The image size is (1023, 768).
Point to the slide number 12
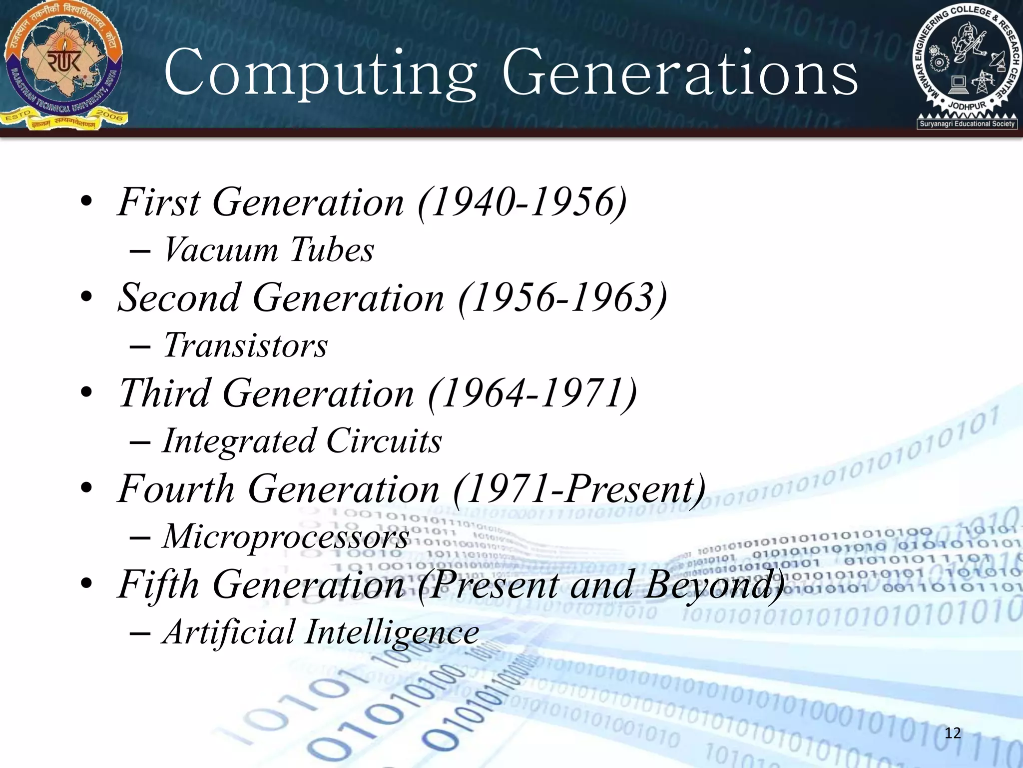click(x=953, y=733)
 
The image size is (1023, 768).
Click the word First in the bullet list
click(x=159, y=202)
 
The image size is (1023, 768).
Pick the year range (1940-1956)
click(x=522, y=202)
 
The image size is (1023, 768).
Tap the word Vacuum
click(x=220, y=249)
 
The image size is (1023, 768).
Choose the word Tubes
click(x=332, y=249)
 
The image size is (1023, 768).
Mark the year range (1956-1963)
click(x=562, y=298)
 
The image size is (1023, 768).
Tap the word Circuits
click(x=384, y=441)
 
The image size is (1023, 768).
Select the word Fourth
click(x=176, y=489)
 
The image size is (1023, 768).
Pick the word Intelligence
click(x=392, y=632)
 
